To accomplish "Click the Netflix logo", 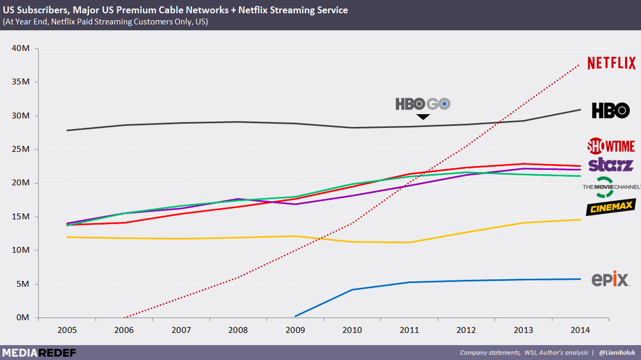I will click(x=612, y=63).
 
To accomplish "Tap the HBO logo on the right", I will click(x=611, y=111).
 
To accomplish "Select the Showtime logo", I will click(x=611, y=146).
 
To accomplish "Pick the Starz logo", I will click(x=611, y=165).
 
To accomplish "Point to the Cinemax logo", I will click(x=611, y=207).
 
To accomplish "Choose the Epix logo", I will click(x=611, y=279).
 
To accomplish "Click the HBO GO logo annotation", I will click(x=423, y=104).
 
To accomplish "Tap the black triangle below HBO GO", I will click(x=423, y=117).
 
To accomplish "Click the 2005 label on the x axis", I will click(x=67, y=330).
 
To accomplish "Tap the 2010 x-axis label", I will click(x=352, y=330).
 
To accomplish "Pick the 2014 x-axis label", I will click(x=580, y=330).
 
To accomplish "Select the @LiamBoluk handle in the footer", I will click(x=617, y=353).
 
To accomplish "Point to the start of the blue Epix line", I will click(x=295, y=316).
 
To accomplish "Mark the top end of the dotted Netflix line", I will click(x=580, y=65).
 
